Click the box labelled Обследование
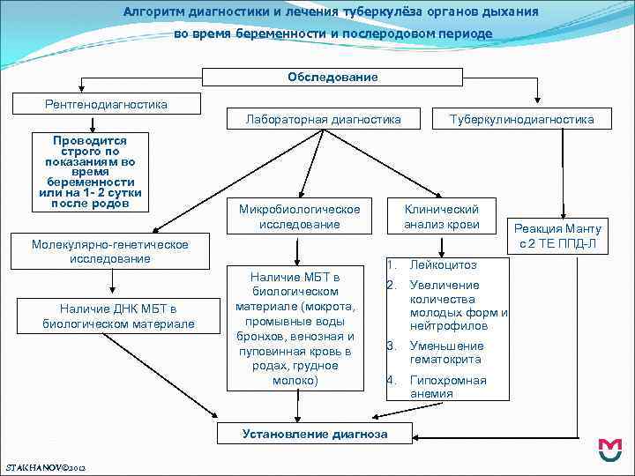[332, 78]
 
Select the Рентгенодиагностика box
[106, 104]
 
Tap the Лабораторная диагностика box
[323, 119]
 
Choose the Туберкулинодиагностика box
[521, 119]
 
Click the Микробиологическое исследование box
[299, 217]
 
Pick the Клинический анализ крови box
[441, 217]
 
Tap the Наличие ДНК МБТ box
[118, 316]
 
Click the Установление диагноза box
[315, 434]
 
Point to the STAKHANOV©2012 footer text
[45, 465]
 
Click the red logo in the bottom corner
[609, 450]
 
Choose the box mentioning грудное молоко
[295, 328]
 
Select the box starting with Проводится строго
[90, 172]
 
